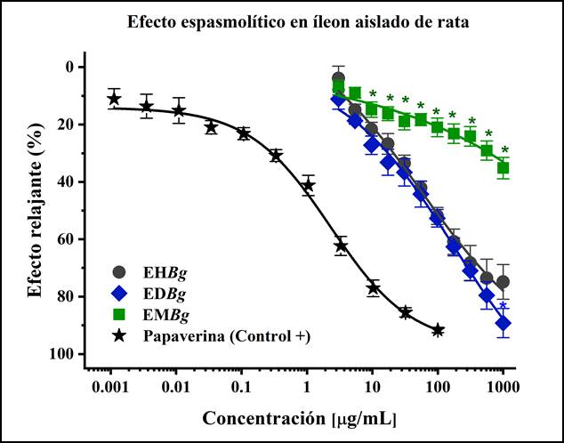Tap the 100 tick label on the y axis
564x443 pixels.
(x=61, y=354)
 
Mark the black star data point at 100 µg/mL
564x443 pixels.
(x=438, y=330)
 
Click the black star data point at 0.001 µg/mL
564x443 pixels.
(x=114, y=98)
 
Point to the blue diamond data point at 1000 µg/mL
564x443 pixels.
(x=504, y=323)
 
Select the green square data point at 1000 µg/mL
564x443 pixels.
(x=504, y=167)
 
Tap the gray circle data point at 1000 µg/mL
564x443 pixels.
(x=504, y=282)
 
